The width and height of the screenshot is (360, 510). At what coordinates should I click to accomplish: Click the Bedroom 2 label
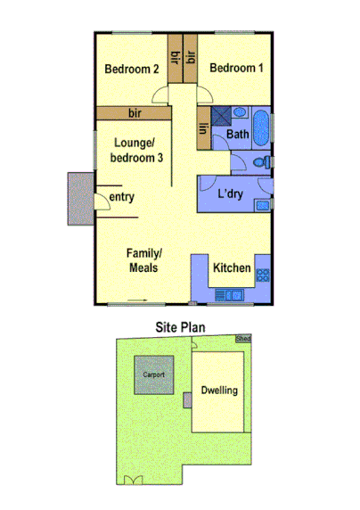[x=131, y=69]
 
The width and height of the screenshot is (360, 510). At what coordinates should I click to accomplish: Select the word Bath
[x=237, y=135]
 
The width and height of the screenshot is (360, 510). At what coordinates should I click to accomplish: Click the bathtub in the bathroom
[x=261, y=127]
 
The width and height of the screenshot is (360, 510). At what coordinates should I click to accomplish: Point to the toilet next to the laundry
[x=258, y=162]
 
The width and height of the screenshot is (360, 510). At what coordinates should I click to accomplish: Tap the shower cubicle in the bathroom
[x=239, y=113]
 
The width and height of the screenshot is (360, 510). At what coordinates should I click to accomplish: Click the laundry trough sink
[x=263, y=208]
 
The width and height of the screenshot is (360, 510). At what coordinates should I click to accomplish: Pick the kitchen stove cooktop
[x=263, y=275]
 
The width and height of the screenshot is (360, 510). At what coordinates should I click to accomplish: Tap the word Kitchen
[x=232, y=267]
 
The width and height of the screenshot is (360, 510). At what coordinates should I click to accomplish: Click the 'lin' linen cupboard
[x=203, y=129]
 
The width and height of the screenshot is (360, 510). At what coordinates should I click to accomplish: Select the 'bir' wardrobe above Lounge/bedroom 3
[x=135, y=113]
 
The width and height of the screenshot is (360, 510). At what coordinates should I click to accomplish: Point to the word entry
[x=122, y=197]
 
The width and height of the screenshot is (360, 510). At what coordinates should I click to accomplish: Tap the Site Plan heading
[x=180, y=327]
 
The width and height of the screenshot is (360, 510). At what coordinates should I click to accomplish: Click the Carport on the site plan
[x=153, y=375]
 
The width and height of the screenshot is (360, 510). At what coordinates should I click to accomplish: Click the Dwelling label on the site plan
[x=218, y=391]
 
